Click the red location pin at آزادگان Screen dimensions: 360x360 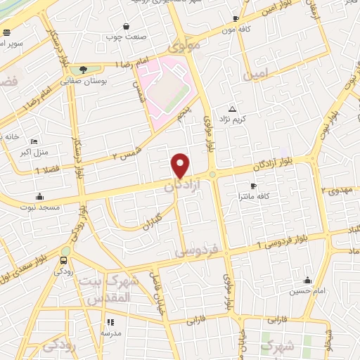[181, 165]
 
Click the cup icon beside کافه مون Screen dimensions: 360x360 [236, 19]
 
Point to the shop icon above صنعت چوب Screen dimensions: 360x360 [126, 25]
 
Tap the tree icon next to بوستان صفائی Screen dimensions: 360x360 [83, 70]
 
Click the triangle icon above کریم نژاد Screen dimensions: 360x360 [233, 108]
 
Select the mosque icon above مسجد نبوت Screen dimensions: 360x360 [39, 196]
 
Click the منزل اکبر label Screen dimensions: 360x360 [33, 152]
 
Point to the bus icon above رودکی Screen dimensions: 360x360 [64, 260]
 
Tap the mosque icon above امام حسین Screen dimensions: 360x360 [307, 280]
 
